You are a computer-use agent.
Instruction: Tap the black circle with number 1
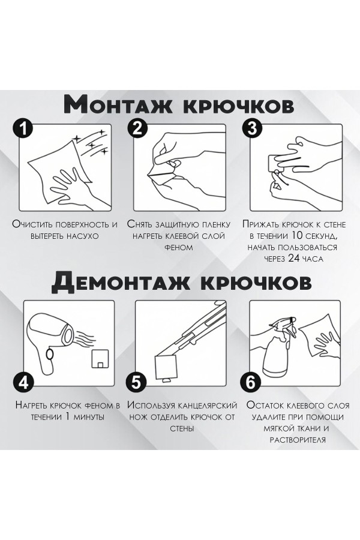coord(23,129)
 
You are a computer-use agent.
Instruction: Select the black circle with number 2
coord(137,129)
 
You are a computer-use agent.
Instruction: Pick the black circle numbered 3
coord(251,129)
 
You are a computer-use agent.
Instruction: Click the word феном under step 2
coord(177,247)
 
